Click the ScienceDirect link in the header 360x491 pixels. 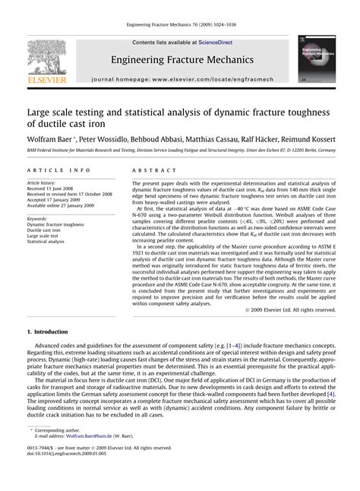[x=203, y=43]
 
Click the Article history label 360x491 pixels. [x=43, y=183]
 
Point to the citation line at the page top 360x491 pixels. [x=180, y=29]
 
